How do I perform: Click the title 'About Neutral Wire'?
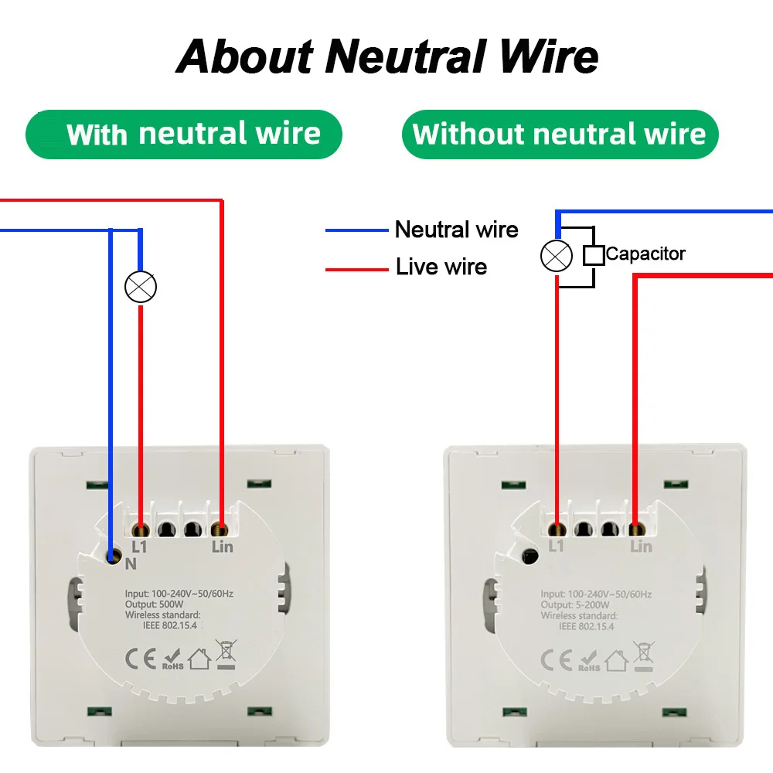point(387,56)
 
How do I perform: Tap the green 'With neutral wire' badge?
point(184,135)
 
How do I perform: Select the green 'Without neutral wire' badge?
point(560,135)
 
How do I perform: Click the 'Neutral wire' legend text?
point(456,230)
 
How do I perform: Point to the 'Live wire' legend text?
point(441,267)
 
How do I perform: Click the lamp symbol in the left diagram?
point(141,287)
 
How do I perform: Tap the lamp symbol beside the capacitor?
point(556,256)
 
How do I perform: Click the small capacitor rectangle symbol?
point(594,256)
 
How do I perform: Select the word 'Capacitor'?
point(645,254)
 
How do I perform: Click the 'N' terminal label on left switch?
point(131,564)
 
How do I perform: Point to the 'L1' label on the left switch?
point(140,547)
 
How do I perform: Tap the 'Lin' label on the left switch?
point(222,547)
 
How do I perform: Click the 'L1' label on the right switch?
point(556,547)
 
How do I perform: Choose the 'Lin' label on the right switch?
point(641,547)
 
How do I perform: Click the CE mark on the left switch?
point(139,659)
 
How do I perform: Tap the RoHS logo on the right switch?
point(589,659)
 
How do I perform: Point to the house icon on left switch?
point(199,659)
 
